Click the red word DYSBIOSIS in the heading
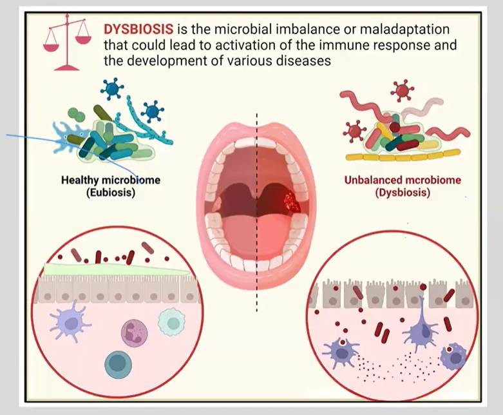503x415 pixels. (137, 30)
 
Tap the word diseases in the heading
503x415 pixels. (305, 61)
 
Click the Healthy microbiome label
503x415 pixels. (110, 180)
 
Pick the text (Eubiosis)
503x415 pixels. (110, 192)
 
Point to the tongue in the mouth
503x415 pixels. (257, 232)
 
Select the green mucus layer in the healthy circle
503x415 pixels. (116, 270)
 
